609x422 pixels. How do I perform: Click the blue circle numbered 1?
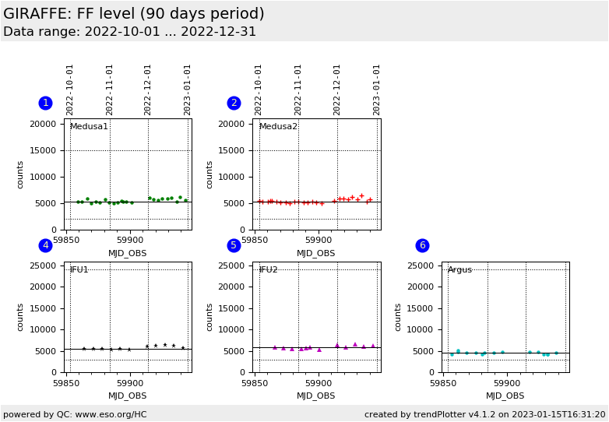pyautogui.click(x=45, y=103)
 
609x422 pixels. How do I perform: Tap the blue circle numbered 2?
pyautogui.click(x=234, y=103)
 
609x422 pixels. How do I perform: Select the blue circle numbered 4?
pyautogui.click(x=45, y=245)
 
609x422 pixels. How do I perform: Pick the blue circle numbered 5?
pyautogui.click(x=234, y=245)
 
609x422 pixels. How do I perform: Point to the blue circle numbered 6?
pyautogui.click(x=422, y=245)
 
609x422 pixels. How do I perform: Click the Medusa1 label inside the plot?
pyautogui.click(x=89, y=127)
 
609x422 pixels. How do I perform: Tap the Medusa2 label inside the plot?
pyautogui.click(x=278, y=127)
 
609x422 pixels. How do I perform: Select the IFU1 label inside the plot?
pyautogui.click(x=79, y=270)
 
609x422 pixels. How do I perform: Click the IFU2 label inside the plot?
pyautogui.click(x=268, y=270)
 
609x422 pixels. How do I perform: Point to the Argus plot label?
pyautogui.click(x=459, y=270)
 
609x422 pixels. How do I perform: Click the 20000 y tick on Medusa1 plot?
pyautogui.click(x=44, y=124)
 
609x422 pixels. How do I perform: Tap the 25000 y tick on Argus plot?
pyautogui.click(x=421, y=266)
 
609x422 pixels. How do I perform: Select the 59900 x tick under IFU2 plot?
pyautogui.click(x=319, y=383)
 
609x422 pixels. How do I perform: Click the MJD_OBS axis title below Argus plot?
pyautogui.click(x=505, y=396)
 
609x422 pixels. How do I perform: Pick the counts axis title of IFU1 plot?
pyautogui.click(x=21, y=317)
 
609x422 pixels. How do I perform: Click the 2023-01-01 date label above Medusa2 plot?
pyautogui.click(x=377, y=90)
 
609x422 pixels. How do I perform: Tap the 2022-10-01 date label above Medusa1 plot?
pyautogui.click(x=70, y=90)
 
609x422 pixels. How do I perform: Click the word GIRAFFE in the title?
pyautogui.click(x=38, y=14)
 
